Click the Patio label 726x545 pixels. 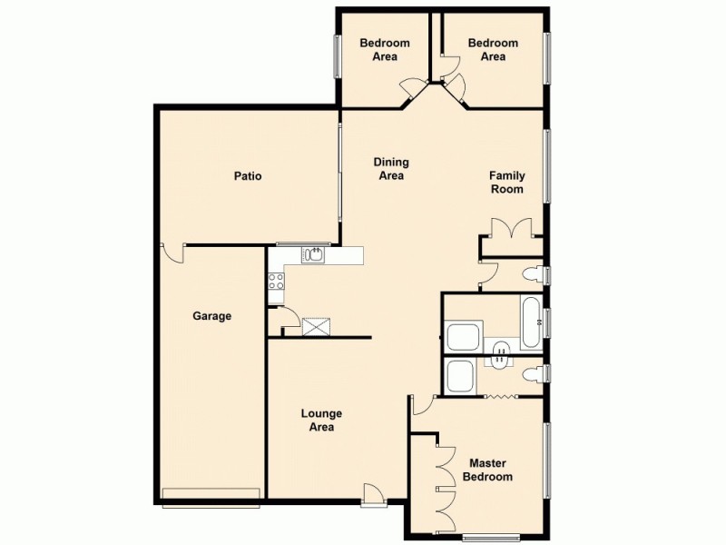[x=247, y=176]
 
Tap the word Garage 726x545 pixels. [x=211, y=316]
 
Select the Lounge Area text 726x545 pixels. [x=321, y=420]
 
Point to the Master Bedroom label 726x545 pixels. [x=487, y=470]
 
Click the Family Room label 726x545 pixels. [x=506, y=183]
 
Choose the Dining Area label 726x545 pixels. [x=391, y=169]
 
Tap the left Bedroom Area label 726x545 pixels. [x=385, y=49]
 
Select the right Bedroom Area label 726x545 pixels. [x=493, y=49]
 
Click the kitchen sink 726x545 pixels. [x=314, y=254]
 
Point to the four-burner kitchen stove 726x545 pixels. [x=277, y=282]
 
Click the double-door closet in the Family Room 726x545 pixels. [x=512, y=229]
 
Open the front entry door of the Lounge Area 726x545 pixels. [x=372, y=495]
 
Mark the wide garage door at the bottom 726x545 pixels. [x=211, y=493]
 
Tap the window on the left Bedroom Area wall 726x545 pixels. [x=337, y=55]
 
